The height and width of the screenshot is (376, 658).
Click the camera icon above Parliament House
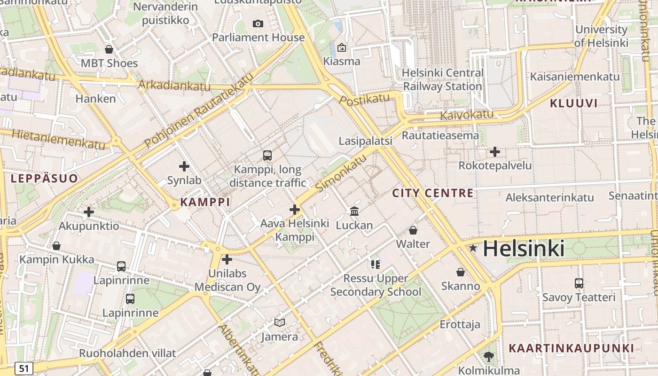[x=258, y=23]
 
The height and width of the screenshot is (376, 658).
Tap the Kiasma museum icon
[x=342, y=47]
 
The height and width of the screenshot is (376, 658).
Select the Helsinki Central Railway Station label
[x=442, y=80]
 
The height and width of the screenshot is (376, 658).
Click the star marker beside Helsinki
[x=473, y=248]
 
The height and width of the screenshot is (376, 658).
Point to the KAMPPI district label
[x=205, y=202]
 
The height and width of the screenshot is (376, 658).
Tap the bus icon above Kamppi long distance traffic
[x=267, y=155]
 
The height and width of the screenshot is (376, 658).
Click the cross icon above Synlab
[x=184, y=166]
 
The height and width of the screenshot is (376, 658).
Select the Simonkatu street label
[x=341, y=173]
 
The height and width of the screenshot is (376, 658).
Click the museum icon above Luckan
[x=354, y=211]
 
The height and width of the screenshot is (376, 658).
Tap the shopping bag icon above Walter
[x=413, y=230]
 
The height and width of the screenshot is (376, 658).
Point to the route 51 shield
[x=23, y=368]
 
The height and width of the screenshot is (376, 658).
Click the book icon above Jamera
[x=280, y=322]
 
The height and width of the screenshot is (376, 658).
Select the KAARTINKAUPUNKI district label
[x=572, y=348]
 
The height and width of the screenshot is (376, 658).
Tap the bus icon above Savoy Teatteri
[x=579, y=283]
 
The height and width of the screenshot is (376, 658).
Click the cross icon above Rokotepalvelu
[x=495, y=152]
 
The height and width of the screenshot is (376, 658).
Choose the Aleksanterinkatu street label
[x=549, y=197]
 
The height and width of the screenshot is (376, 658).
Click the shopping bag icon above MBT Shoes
[x=109, y=49]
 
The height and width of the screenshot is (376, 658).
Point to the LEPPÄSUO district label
[x=44, y=179]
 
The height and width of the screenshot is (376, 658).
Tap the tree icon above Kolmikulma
[x=489, y=356]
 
